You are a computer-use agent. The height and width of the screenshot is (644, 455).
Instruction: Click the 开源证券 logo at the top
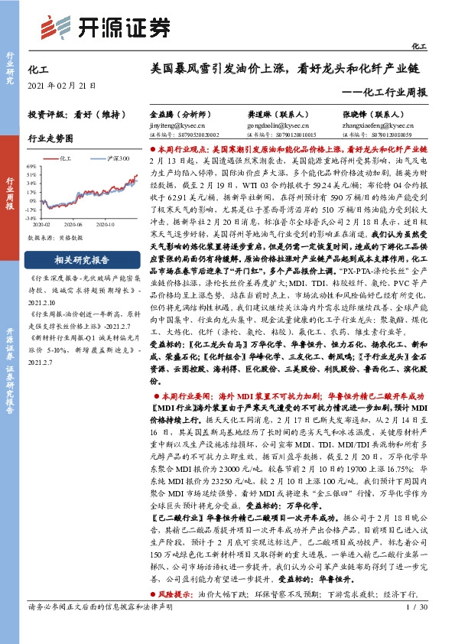105,28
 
